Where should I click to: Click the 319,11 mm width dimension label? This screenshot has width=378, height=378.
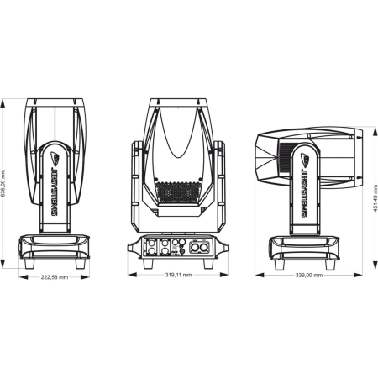coord(178,275)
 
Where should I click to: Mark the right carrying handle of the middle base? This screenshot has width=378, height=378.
coord(223,247)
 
